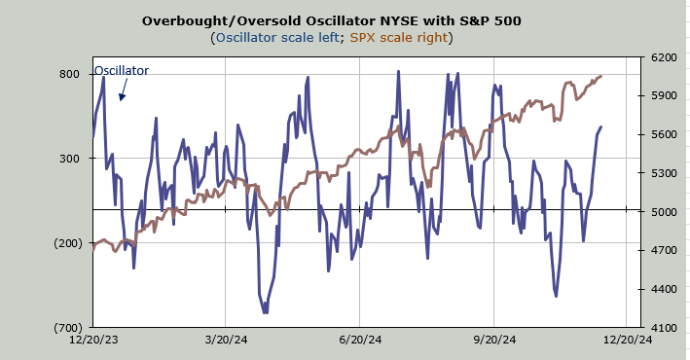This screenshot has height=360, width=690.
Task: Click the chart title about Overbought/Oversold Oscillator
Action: pos(331,21)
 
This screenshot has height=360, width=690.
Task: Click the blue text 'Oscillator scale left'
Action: pos(277,37)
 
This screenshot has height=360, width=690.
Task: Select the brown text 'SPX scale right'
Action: pos(399,37)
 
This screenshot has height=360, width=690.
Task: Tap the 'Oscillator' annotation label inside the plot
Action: pos(122,70)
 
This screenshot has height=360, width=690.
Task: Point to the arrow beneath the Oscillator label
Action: pos(123,90)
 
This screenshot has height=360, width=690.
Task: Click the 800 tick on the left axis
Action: pos(69,74)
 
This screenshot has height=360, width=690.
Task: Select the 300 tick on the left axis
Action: pos(69,159)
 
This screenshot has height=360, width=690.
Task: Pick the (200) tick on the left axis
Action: pos(68,243)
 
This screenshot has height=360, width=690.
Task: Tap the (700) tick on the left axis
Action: pos(68,328)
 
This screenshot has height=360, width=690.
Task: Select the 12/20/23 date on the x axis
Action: pos(93,340)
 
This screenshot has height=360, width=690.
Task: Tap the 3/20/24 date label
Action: pos(226,340)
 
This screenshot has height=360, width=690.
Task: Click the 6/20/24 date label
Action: pos(360,340)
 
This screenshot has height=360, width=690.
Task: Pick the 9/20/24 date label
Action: pos(494,340)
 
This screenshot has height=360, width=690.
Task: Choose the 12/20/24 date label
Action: pos(628,340)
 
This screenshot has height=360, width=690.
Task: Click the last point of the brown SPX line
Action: pos(601,76)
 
